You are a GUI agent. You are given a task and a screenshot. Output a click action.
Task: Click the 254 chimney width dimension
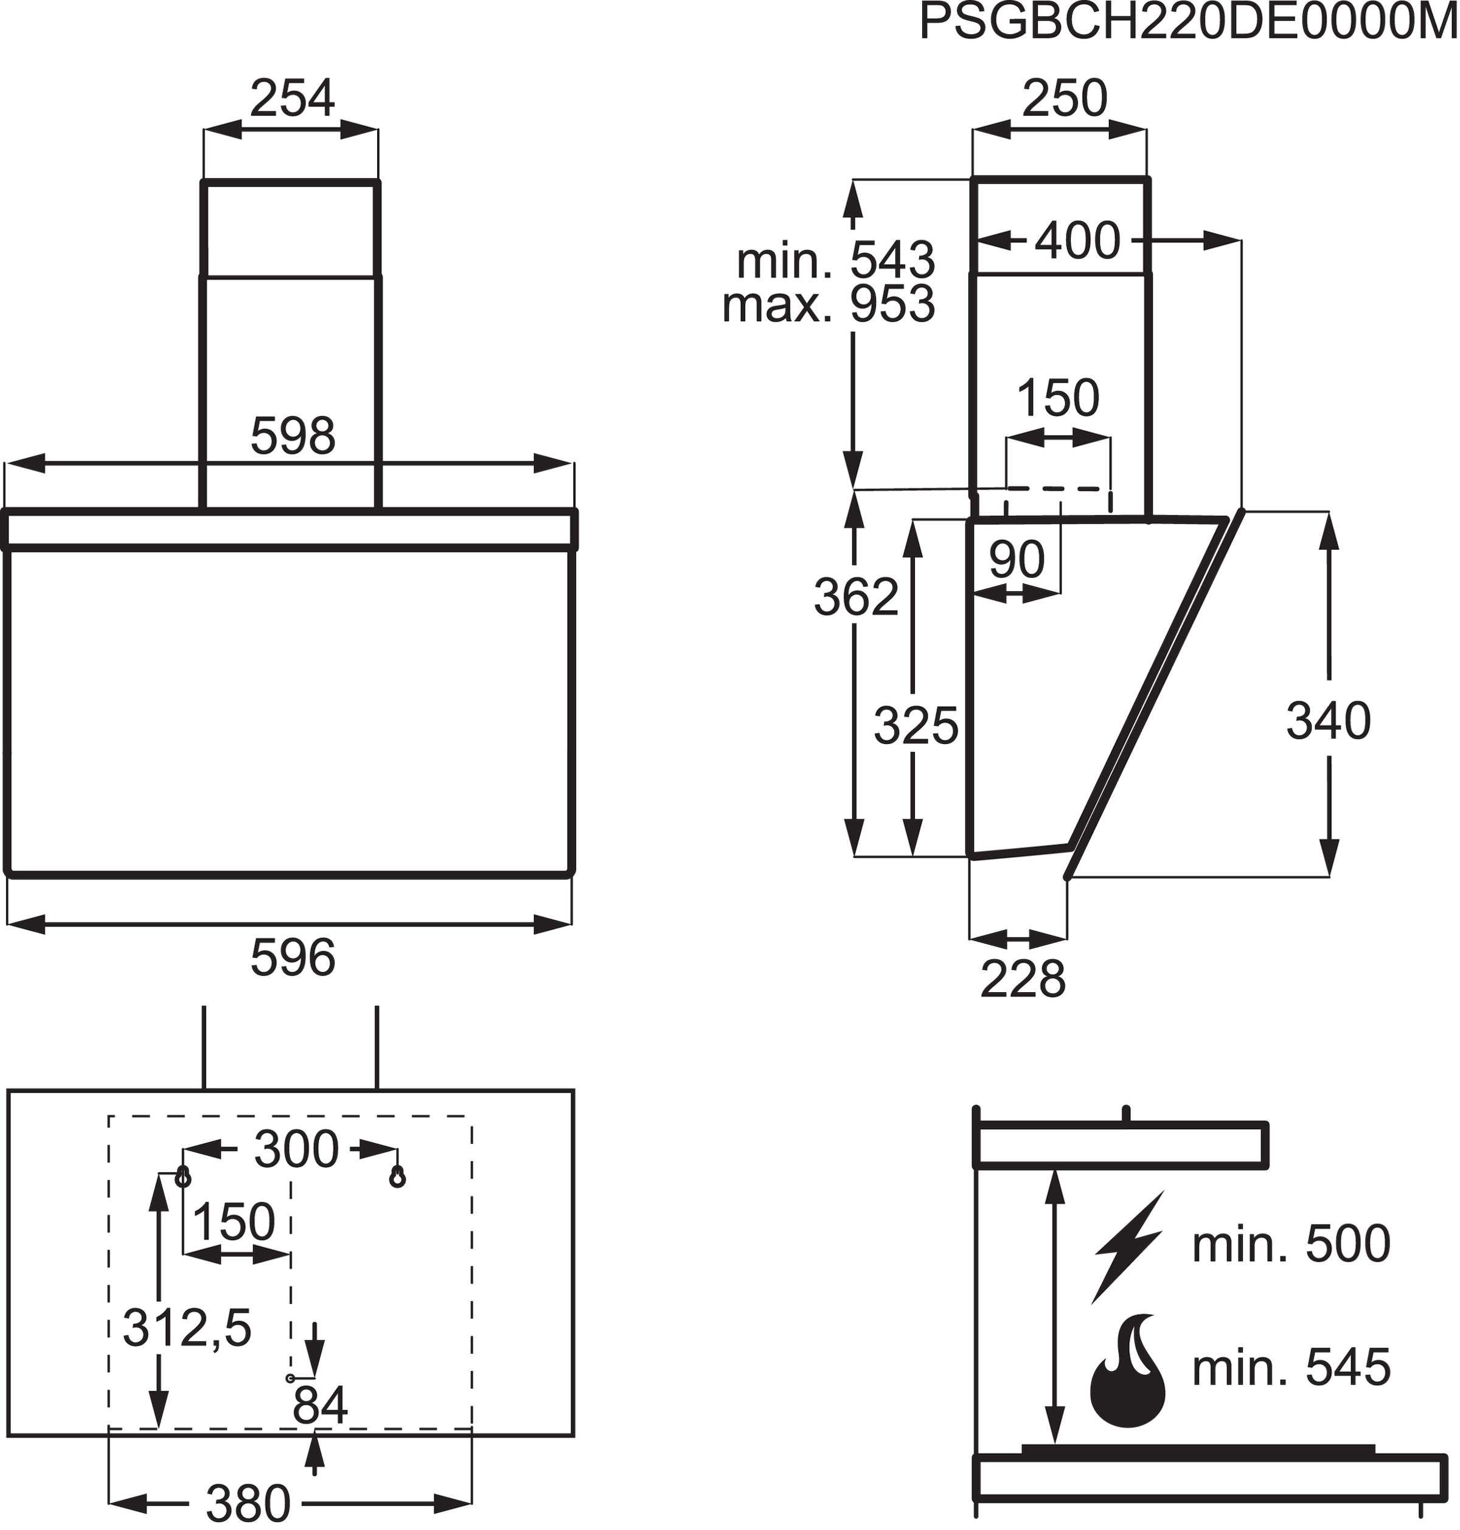click(292, 99)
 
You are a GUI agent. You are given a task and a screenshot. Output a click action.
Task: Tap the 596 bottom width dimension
click(293, 958)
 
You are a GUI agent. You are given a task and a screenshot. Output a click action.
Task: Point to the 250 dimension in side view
click(1064, 99)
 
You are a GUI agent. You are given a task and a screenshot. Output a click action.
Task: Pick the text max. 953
click(828, 304)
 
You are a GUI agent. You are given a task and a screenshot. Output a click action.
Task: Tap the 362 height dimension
click(856, 597)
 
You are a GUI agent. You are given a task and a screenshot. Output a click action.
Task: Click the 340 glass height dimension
click(1328, 722)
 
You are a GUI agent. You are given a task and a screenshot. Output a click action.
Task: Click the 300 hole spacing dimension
click(296, 1149)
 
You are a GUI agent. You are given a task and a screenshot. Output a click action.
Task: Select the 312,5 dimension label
click(187, 1327)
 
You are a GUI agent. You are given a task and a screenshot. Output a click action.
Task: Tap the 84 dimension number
click(320, 1405)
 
